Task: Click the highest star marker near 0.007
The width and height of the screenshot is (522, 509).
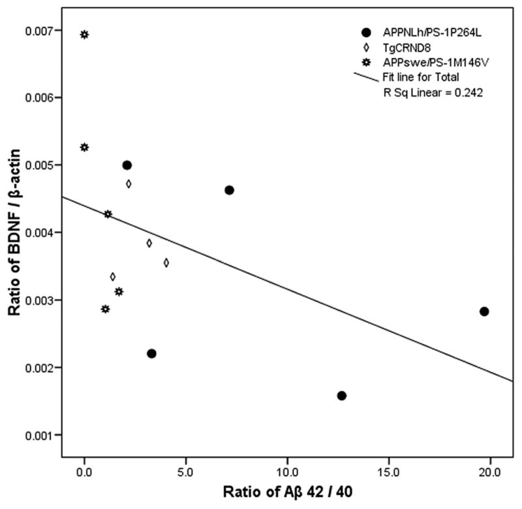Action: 84,35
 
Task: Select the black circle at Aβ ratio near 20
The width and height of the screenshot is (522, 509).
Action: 484,311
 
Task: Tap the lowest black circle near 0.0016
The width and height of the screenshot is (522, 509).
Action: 341,395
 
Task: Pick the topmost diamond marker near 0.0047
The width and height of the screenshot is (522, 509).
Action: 129,184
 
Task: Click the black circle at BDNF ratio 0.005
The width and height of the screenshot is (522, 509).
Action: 127,165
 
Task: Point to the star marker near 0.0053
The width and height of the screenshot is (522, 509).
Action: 84,147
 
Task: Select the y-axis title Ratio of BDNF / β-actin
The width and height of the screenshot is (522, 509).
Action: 14,232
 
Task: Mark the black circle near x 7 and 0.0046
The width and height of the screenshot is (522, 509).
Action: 229,190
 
